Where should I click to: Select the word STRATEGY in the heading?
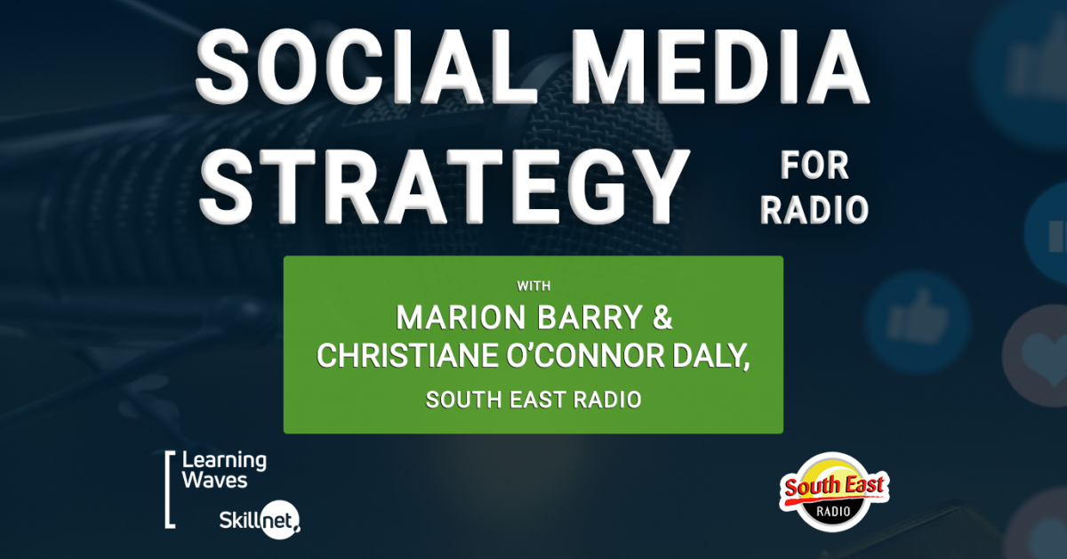tap(444, 186)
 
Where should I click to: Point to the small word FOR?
tap(814, 166)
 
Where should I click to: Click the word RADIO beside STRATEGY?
tap(814, 210)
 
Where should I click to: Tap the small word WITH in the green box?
tap(533, 287)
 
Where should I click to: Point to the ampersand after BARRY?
tap(662, 317)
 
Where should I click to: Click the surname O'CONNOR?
tap(585, 356)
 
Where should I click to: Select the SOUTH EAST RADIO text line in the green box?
tap(533, 400)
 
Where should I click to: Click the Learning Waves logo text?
tap(224, 470)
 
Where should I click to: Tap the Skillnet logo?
tap(260, 520)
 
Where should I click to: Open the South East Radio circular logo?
tap(834, 491)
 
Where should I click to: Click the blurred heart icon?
tap(1039, 356)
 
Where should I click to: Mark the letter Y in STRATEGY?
tap(657, 186)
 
